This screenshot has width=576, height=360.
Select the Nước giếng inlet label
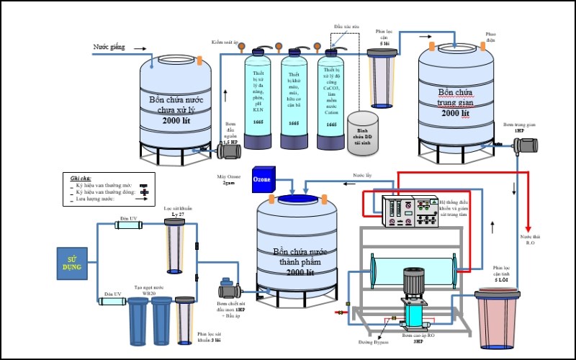[109, 48]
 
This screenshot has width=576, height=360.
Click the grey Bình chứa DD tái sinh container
[363, 129]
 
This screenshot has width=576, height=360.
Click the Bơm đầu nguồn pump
[228, 150]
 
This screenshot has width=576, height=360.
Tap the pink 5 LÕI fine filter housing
[496, 320]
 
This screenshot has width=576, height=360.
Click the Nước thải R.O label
[534, 239]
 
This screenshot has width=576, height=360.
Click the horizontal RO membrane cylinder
[411, 271]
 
